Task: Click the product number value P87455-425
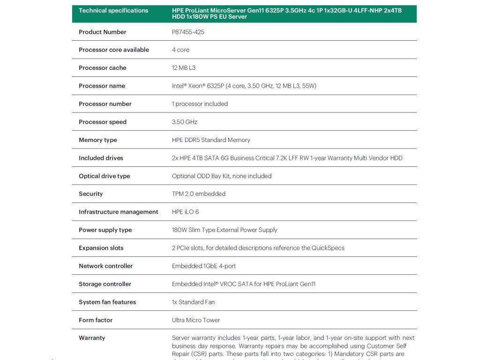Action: click(188, 32)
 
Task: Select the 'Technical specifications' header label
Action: click(113, 10)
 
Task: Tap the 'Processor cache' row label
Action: click(102, 68)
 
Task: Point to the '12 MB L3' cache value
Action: click(184, 68)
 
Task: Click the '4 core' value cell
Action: click(180, 50)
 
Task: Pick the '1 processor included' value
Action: click(200, 104)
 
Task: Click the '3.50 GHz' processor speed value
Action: click(185, 122)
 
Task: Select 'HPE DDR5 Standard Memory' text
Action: click(211, 140)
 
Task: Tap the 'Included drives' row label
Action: click(101, 158)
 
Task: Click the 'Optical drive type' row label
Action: click(104, 176)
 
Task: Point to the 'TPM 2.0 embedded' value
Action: click(199, 194)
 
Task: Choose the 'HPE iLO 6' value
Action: click(185, 212)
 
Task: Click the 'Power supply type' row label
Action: click(105, 230)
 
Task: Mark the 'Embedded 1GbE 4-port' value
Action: click(204, 266)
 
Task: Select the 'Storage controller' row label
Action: click(105, 284)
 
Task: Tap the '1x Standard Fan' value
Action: click(193, 302)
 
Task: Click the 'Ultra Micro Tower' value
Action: click(196, 320)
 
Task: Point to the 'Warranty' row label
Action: click(92, 338)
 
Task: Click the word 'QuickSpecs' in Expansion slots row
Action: click(328, 248)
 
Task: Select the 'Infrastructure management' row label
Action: click(118, 212)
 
